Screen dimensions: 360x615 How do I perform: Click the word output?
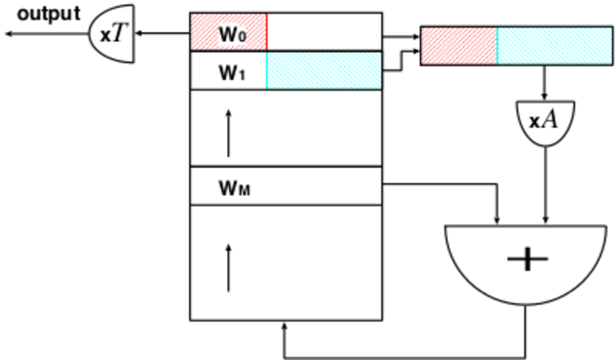(x=49, y=14)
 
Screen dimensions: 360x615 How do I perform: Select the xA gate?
(x=545, y=121)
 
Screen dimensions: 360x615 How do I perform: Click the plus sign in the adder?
(x=527, y=260)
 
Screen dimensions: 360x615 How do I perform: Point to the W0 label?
(x=232, y=34)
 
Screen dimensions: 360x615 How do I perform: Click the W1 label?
(x=231, y=73)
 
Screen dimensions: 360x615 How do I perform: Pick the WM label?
(x=234, y=189)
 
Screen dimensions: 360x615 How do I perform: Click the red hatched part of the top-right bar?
(x=458, y=46)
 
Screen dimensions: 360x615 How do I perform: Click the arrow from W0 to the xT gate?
(x=161, y=33)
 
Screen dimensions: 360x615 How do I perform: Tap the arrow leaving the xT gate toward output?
(x=47, y=34)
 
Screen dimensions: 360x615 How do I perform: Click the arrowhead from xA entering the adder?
(x=545, y=220)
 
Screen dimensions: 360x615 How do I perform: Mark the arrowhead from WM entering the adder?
(x=497, y=220)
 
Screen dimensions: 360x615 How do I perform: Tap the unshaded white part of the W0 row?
(x=324, y=31)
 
